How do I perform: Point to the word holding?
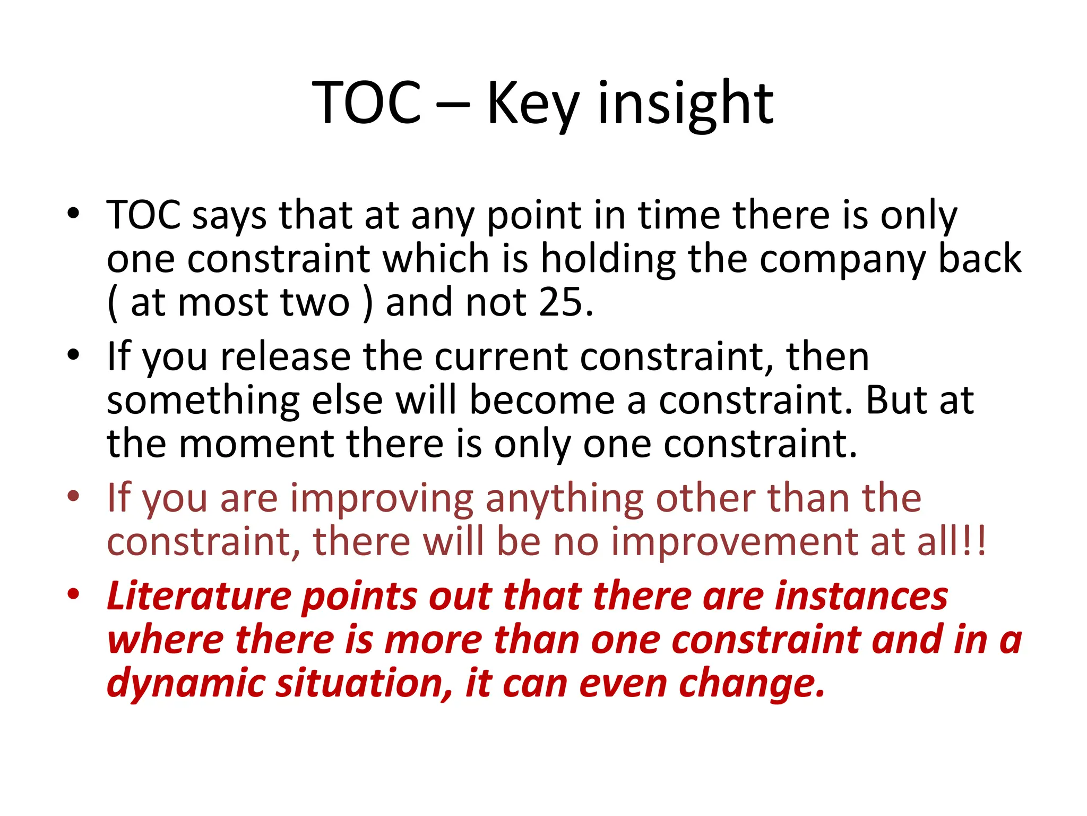click(608, 259)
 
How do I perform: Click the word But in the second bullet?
click(898, 401)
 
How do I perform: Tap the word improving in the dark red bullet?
click(382, 499)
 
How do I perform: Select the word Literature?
click(199, 596)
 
